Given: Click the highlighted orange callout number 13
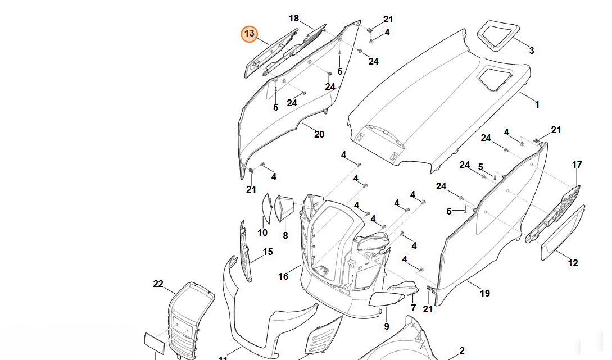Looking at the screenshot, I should (x=249, y=34).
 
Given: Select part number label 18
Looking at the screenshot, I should (x=294, y=19).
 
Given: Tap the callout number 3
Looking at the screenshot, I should (x=531, y=51).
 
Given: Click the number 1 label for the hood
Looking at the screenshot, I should (x=537, y=104).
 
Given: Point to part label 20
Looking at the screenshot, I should (x=319, y=134).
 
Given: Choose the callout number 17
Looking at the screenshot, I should (x=577, y=165).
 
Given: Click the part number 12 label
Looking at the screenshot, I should (x=573, y=263).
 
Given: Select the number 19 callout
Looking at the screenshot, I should (x=485, y=293).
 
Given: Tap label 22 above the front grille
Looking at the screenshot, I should (x=158, y=284).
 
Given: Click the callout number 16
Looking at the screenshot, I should (x=283, y=276).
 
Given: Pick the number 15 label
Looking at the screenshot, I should (x=268, y=252).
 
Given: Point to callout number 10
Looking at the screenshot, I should (x=262, y=233).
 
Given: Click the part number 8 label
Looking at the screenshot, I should (x=285, y=236).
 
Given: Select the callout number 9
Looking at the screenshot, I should (x=386, y=326).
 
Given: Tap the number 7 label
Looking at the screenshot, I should (x=413, y=308).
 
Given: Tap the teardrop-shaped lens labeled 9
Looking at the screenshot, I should (x=387, y=298).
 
